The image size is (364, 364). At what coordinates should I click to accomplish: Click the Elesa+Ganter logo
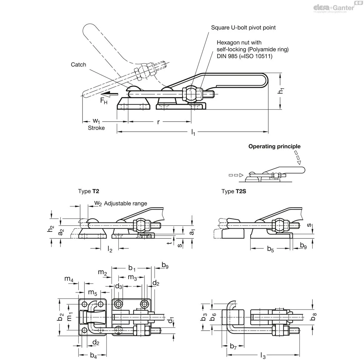pos(334,8)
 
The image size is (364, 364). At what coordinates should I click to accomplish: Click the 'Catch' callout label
pos(78,65)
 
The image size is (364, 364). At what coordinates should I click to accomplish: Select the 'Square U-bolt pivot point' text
pos(243,28)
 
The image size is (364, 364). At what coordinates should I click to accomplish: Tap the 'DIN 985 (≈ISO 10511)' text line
pos(244,56)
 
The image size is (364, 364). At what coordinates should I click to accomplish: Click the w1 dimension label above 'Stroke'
pos(96,121)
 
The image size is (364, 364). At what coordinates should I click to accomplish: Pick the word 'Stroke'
pos(96,128)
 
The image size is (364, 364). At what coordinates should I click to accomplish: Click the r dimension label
pos(158,122)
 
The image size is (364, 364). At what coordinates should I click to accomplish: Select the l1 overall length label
pos(193,132)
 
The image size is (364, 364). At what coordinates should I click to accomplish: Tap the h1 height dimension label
pos(281,91)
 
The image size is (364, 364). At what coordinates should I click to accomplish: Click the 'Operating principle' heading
pos(274,147)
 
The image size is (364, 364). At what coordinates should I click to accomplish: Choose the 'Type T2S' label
pos(234,191)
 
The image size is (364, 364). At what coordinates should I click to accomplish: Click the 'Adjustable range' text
pos(125,204)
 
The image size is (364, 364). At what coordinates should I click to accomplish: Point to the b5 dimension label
pos(270,249)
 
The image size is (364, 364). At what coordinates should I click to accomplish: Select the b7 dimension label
pos(233,346)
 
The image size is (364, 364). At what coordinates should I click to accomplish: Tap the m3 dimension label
pos(132,277)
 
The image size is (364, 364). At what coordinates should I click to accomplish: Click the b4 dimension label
pos(93,355)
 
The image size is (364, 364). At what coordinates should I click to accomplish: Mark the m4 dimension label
pos(69,279)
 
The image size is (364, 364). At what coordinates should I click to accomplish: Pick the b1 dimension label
pos(132,268)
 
